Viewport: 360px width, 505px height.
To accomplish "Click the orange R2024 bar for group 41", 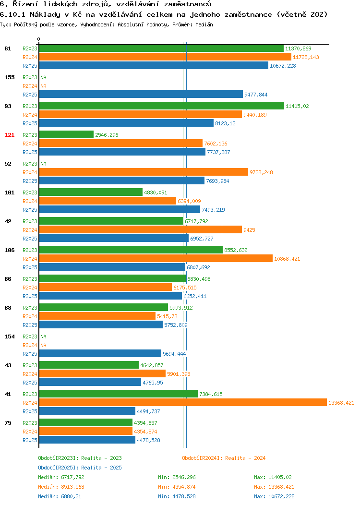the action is click(183, 403).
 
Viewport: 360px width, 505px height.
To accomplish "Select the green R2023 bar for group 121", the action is click(66, 134).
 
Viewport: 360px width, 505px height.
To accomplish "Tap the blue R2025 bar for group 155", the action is click(141, 95).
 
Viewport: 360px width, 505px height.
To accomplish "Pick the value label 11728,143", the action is click(306, 57).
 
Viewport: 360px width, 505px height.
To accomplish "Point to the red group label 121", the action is click(9, 135).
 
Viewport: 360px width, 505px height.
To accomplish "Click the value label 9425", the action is click(249, 230).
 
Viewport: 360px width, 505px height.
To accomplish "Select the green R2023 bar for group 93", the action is click(162, 106).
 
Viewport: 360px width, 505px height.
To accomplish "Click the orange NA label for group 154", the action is click(44, 345).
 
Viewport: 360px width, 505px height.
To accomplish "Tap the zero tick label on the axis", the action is click(39, 39).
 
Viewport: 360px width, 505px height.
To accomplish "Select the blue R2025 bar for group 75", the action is click(87, 440).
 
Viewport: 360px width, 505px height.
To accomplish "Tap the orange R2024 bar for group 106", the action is click(156, 259).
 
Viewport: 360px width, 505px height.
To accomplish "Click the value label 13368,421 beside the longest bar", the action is click(341, 403).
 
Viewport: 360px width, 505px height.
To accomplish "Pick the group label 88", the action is click(8, 308).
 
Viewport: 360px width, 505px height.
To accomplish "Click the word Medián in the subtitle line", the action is click(204, 24).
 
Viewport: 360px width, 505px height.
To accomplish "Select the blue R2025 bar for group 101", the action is click(120, 210).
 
